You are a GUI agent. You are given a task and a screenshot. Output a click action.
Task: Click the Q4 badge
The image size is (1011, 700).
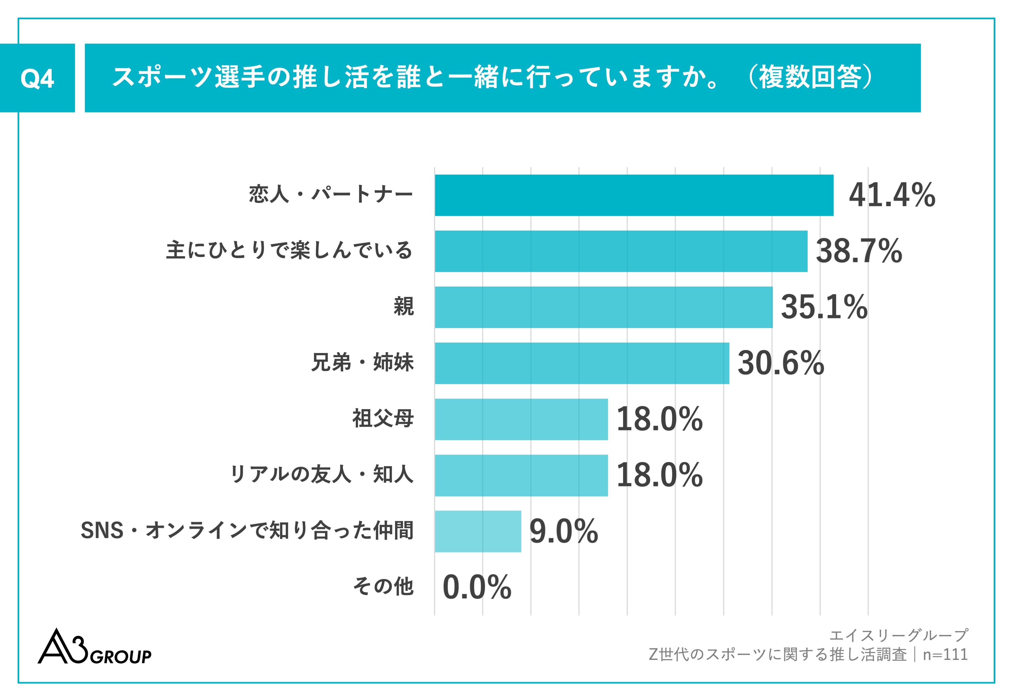[x=37, y=78]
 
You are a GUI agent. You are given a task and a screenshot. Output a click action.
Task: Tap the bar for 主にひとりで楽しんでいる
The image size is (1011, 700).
[x=621, y=251]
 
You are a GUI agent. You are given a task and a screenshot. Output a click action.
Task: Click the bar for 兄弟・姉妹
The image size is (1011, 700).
[x=582, y=363]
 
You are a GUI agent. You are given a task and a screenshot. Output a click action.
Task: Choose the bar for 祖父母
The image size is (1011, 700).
[x=521, y=419]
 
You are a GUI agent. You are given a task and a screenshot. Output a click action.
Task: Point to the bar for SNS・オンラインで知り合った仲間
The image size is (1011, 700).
[x=478, y=531]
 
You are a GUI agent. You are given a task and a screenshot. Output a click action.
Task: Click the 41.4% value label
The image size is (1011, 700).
[x=892, y=195]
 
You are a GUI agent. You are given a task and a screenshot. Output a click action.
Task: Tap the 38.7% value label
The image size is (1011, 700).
[x=858, y=251]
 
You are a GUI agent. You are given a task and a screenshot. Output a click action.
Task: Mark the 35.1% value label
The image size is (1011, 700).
[x=824, y=307]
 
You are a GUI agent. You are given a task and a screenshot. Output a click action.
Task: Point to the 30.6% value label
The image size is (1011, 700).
[x=780, y=363]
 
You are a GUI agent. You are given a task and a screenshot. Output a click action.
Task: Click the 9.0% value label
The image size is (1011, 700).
[x=563, y=531]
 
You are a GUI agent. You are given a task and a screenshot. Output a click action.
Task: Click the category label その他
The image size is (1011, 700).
[x=383, y=587]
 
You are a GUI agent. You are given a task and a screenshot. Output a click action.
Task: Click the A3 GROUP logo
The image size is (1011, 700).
[x=94, y=647]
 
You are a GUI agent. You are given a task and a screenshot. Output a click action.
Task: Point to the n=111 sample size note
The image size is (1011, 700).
[x=945, y=654]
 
